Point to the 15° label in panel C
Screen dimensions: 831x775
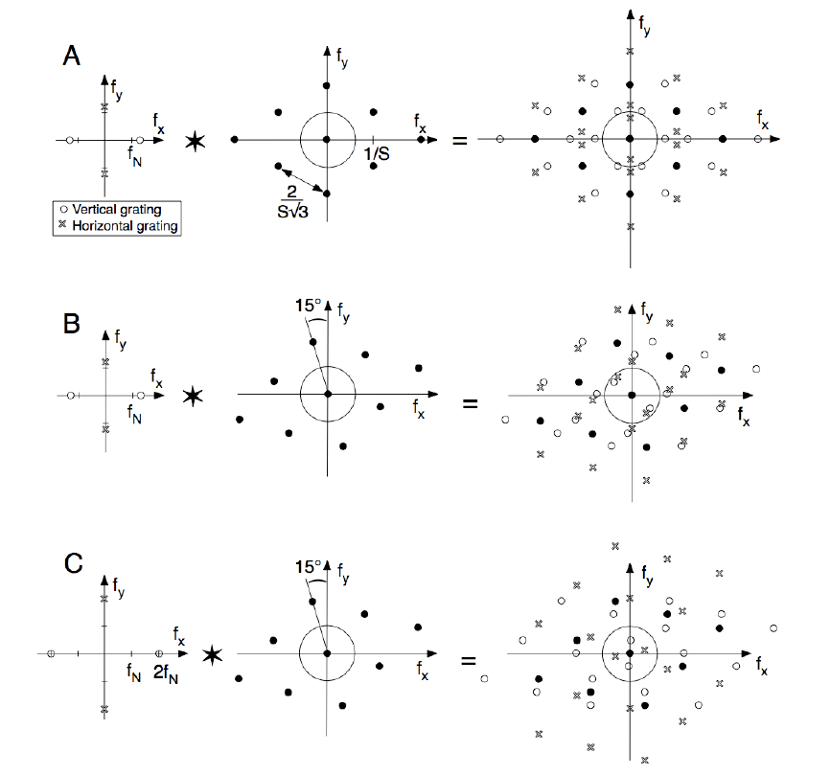309,567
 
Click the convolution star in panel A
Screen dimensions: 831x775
195,142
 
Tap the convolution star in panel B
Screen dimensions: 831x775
194,395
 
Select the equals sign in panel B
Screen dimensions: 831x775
470,402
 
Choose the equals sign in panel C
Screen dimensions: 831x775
470,661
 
